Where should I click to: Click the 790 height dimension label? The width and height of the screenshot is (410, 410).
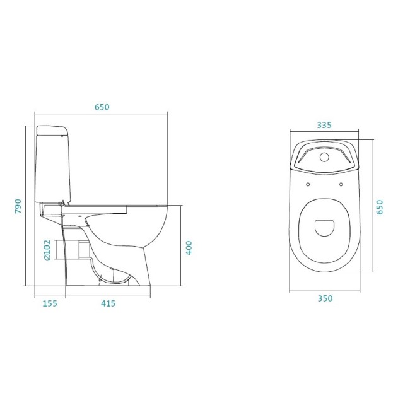click(18, 206)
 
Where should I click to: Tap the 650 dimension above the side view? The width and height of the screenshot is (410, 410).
click(102, 107)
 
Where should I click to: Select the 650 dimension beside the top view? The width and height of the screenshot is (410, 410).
click(379, 207)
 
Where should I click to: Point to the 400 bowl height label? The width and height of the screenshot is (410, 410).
click(189, 248)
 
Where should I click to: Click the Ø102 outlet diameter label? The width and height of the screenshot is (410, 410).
click(47, 250)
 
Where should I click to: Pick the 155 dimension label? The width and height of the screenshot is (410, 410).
click(50, 303)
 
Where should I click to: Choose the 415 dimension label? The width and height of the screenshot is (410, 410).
click(108, 303)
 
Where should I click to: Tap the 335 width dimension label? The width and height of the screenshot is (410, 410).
click(324, 126)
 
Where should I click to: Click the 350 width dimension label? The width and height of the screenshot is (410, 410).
click(325, 298)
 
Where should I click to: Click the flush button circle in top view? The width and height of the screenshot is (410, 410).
click(324, 157)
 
